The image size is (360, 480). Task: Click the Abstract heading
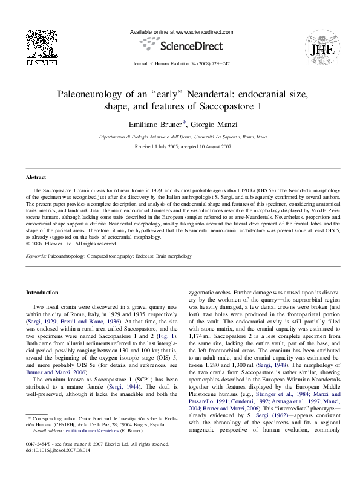point(36,177)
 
